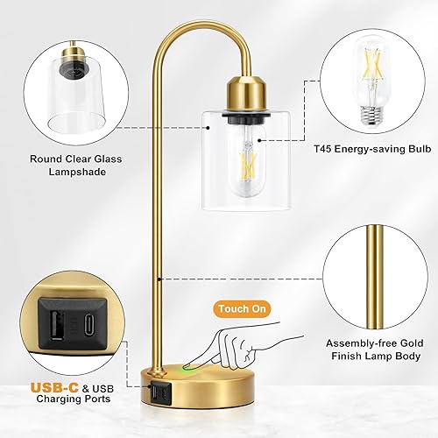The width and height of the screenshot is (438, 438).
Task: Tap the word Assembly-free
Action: (355, 343)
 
